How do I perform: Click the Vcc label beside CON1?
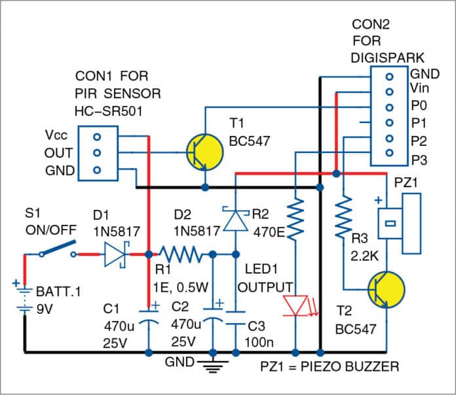tap(55, 137)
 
